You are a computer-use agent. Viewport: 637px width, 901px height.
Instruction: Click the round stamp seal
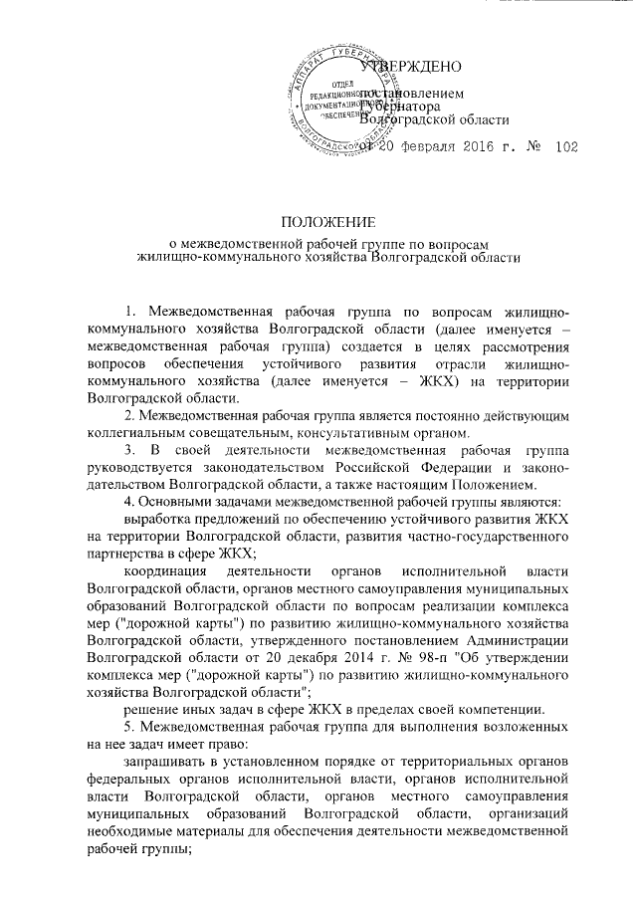pyautogui.click(x=332, y=105)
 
